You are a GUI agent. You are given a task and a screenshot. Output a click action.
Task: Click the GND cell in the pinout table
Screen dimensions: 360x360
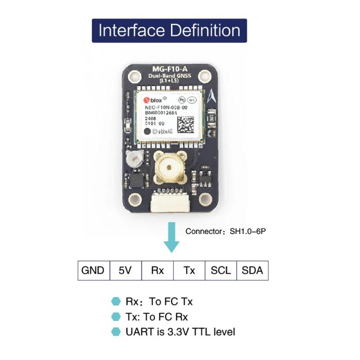pos(93,270)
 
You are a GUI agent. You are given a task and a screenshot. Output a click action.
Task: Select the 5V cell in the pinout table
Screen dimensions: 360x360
pos(125,270)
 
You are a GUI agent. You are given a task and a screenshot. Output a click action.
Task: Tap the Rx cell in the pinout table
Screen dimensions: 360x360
pos(157,270)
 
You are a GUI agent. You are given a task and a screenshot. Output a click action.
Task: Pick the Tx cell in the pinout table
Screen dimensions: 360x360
pos(189,270)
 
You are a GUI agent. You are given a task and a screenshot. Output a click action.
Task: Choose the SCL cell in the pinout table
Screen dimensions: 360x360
pos(220,270)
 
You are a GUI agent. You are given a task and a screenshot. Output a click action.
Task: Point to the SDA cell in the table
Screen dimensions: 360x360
pos(252,270)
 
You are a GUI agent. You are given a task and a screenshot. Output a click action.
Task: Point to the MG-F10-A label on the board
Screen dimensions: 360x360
pos(170,69)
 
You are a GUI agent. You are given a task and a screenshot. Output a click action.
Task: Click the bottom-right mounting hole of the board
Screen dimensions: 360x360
pos(206,198)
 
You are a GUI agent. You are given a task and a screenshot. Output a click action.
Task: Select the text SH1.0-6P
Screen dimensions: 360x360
pos(248,232)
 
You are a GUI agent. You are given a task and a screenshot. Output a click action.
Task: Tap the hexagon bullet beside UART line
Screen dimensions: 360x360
pos(116,332)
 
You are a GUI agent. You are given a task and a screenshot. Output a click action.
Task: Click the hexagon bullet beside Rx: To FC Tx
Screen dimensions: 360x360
pos(116,301)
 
